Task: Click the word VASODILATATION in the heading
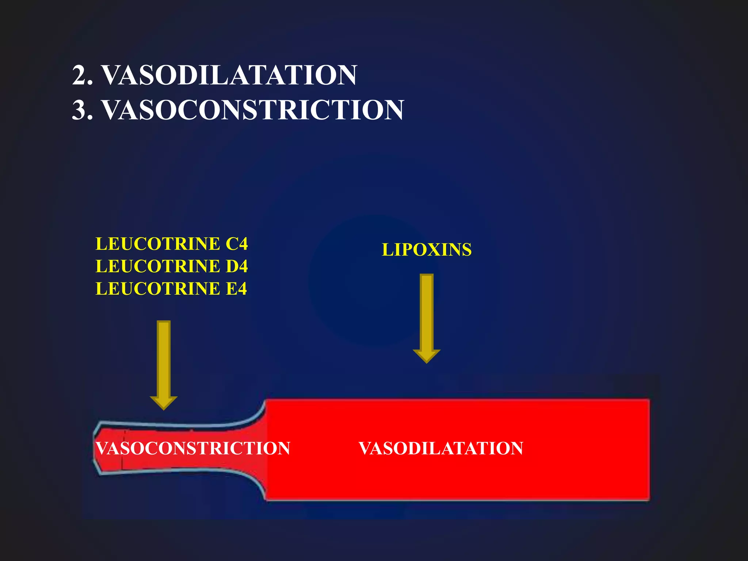(x=229, y=75)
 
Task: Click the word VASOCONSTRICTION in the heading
(x=252, y=110)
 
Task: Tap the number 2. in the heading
(x=83, y=75)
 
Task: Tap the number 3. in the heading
(x=83, y=110)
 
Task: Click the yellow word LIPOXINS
(x=427, y=250)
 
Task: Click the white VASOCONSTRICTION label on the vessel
(x=193, y=448)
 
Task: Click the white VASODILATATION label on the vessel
(x=441, y=448)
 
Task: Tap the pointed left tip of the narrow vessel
(x=95, y=448)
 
